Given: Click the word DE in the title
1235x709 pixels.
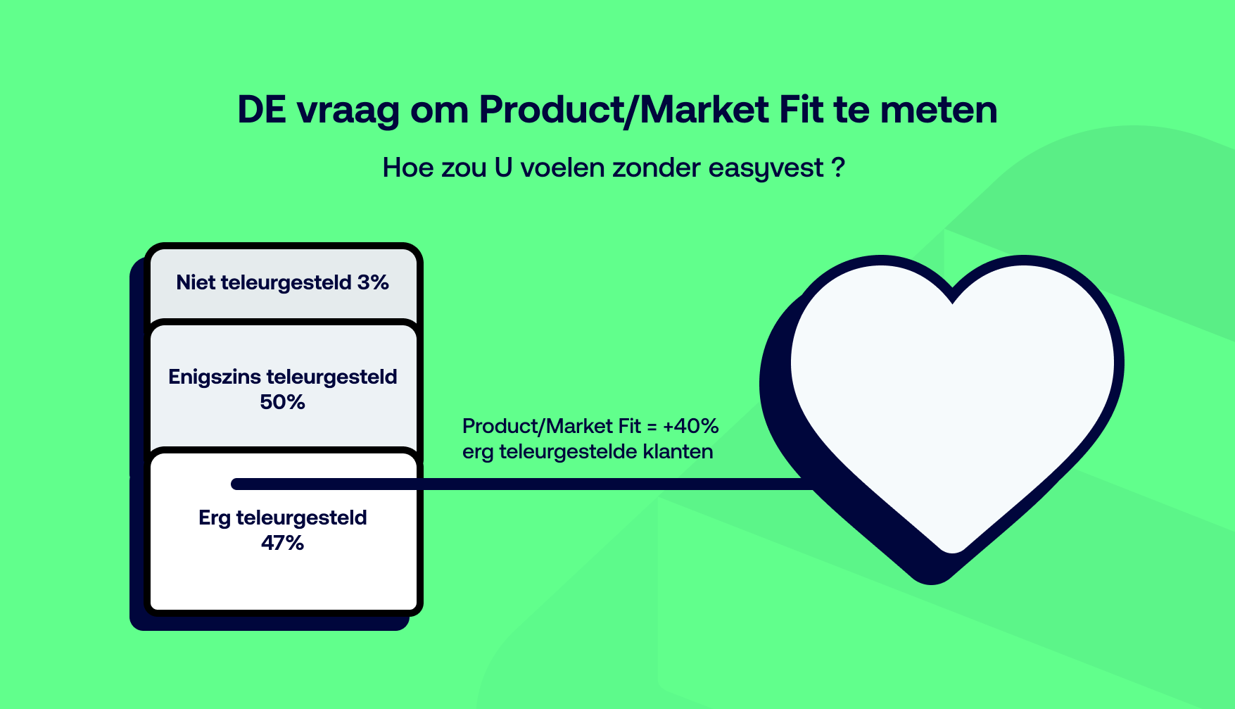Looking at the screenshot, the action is [262, 110].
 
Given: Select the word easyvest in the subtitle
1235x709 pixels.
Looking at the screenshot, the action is [766, 168].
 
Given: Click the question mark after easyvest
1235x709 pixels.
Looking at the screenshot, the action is [837, 168].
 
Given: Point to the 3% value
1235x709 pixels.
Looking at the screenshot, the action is [373, 282].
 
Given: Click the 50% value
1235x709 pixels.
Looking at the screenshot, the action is [282, 402].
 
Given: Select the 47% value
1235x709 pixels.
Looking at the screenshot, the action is [282, 543].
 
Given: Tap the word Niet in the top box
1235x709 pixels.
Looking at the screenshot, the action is [196, 282].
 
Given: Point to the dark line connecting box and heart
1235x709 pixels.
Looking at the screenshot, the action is [522, 484].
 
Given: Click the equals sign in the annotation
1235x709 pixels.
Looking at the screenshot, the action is [652, 427].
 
